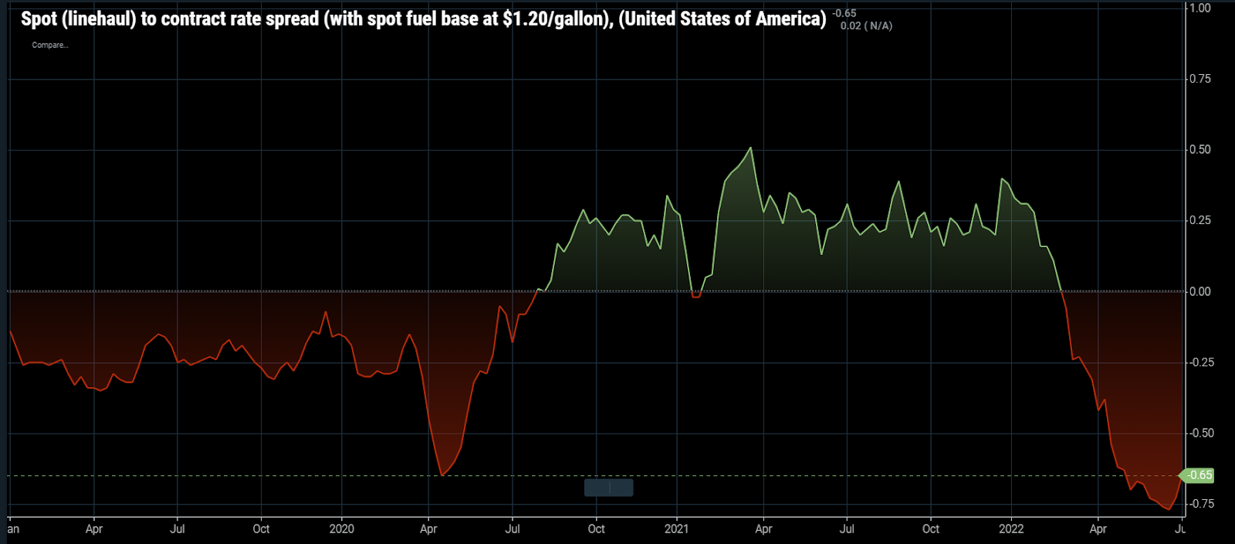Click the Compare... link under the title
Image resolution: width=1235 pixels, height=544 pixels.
[50, 45]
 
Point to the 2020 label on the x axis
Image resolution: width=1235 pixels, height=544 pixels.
[341, 529]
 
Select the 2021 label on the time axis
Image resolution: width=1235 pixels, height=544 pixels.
[676, 529]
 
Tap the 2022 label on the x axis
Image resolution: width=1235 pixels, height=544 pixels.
[1011, 529]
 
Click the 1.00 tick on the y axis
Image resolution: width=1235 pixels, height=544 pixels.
[1199, 8]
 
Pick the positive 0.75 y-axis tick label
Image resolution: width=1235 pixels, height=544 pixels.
[1199, 79]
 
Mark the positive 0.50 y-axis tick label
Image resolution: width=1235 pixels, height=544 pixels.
[1199, 149]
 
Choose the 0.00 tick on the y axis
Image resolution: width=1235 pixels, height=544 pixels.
[1199, 291]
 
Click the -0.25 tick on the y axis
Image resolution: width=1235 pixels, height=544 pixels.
[1199, 362]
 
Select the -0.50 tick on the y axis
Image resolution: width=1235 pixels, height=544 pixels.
[1199, 433]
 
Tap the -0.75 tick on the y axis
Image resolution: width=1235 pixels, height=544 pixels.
[1199, 504]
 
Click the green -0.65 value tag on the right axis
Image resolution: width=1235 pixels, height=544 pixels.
[1198, 475]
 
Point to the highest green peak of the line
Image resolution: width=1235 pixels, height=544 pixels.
[750, 148]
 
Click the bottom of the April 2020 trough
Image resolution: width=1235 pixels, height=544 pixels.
[442, 474]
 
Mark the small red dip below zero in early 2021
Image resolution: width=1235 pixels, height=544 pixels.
[696, 296]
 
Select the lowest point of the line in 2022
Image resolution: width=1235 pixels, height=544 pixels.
[1168, 509]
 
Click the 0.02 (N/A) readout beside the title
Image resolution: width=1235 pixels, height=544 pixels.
[866, 26]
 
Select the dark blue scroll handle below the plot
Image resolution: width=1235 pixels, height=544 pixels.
[609, 488]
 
